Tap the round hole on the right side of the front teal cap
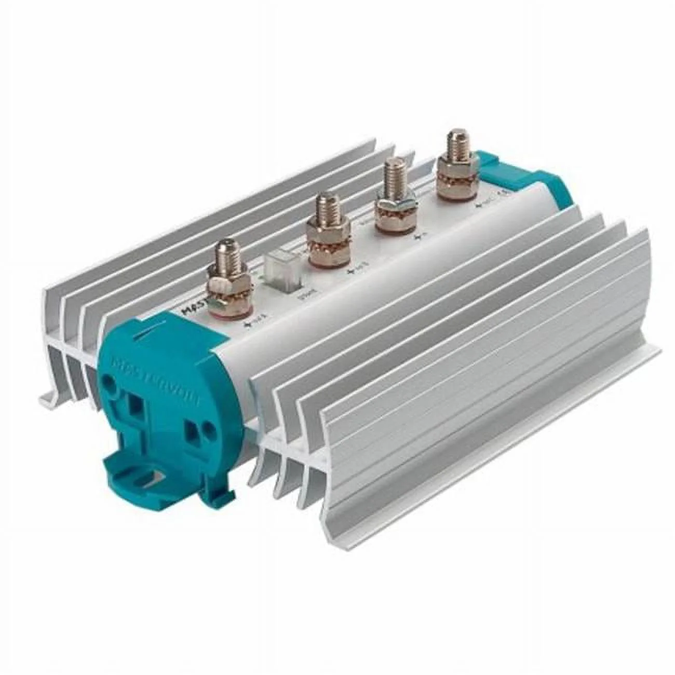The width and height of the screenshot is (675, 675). (x=208, y=427)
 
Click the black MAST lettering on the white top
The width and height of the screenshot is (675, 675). (x=193, y=313)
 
